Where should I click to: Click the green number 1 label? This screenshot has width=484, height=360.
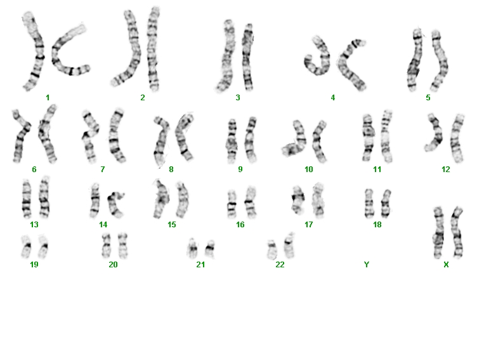point(48,98)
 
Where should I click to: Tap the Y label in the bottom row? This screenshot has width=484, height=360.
point(367,265)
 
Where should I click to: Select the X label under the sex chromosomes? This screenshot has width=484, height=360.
point(446,265)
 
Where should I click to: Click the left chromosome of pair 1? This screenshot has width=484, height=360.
point(34,51)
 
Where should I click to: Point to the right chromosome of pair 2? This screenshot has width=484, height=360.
point(153,50)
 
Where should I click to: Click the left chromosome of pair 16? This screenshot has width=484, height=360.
point(232,204)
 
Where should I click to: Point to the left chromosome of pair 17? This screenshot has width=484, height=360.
point(298,199)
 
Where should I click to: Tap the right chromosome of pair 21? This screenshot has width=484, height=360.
point(210,248)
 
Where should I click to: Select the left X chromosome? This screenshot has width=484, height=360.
point(438,232)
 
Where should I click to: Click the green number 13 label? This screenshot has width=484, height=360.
point(34,224)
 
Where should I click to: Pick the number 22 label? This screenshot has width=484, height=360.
point(280,265)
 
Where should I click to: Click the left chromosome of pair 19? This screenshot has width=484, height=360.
point(26,246)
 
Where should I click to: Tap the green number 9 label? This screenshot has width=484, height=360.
point(240,170)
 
